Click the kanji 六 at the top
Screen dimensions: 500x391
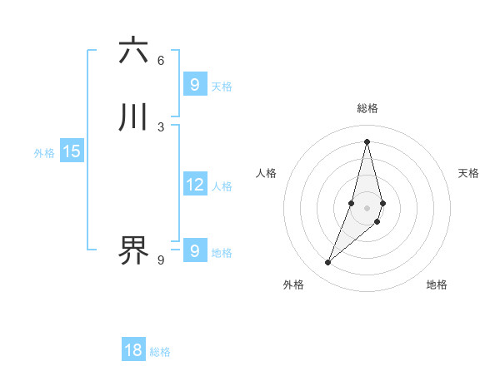pos(133,51)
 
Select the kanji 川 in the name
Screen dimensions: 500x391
pos(133,117)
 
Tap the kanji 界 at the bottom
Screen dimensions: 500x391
pos(133,250)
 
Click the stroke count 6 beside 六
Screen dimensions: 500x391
pos(161,60)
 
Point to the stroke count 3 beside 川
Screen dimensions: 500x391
pos(161,126)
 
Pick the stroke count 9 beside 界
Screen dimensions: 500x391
pos(161,260)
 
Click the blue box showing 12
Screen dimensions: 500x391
pos(195,185)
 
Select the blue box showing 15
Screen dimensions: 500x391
pos(72,151)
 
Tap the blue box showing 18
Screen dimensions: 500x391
pos(133,350)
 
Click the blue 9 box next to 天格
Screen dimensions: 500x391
pos(195,85)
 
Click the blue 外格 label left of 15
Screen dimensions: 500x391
pos(44,153)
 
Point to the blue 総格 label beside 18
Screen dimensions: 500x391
pos(160,352)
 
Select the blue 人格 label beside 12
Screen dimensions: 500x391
pos(222,186)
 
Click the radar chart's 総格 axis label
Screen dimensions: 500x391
pos(367,108)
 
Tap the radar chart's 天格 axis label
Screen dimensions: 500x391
pos(468,173)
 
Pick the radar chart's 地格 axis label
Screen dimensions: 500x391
pos(437,285)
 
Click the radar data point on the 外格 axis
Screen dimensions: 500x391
pos(327,263)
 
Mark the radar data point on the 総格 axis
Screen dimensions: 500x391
pos(367,141)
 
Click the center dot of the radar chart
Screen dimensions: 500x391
pos(367,207)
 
